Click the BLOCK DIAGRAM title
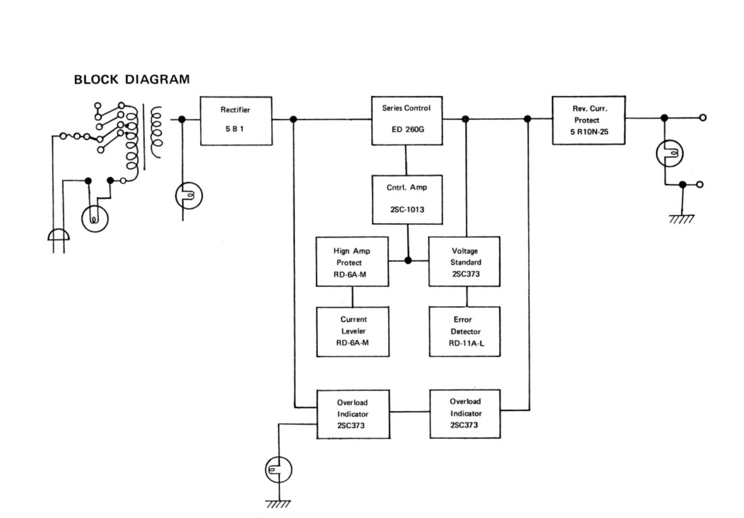coord(132,79)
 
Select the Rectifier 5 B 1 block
coord(236,120)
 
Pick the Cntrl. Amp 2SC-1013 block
coord(407,199)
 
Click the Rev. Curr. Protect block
coord(588,120)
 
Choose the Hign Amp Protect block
coord(352,262)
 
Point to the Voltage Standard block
coord(464,262)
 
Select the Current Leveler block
coord(353,331)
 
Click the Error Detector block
coord(464,331)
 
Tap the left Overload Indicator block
coord(353,414)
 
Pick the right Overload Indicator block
coord(465,414)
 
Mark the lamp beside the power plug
coord(95,218)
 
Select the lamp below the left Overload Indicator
coord(278,470)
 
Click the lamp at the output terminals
coord(670,153)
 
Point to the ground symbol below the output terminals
coord(682,218)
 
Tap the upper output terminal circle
coord(702,118)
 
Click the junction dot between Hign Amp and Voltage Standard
coord(408,260)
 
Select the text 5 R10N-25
coord(589,132)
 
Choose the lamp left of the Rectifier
coord(189,195)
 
